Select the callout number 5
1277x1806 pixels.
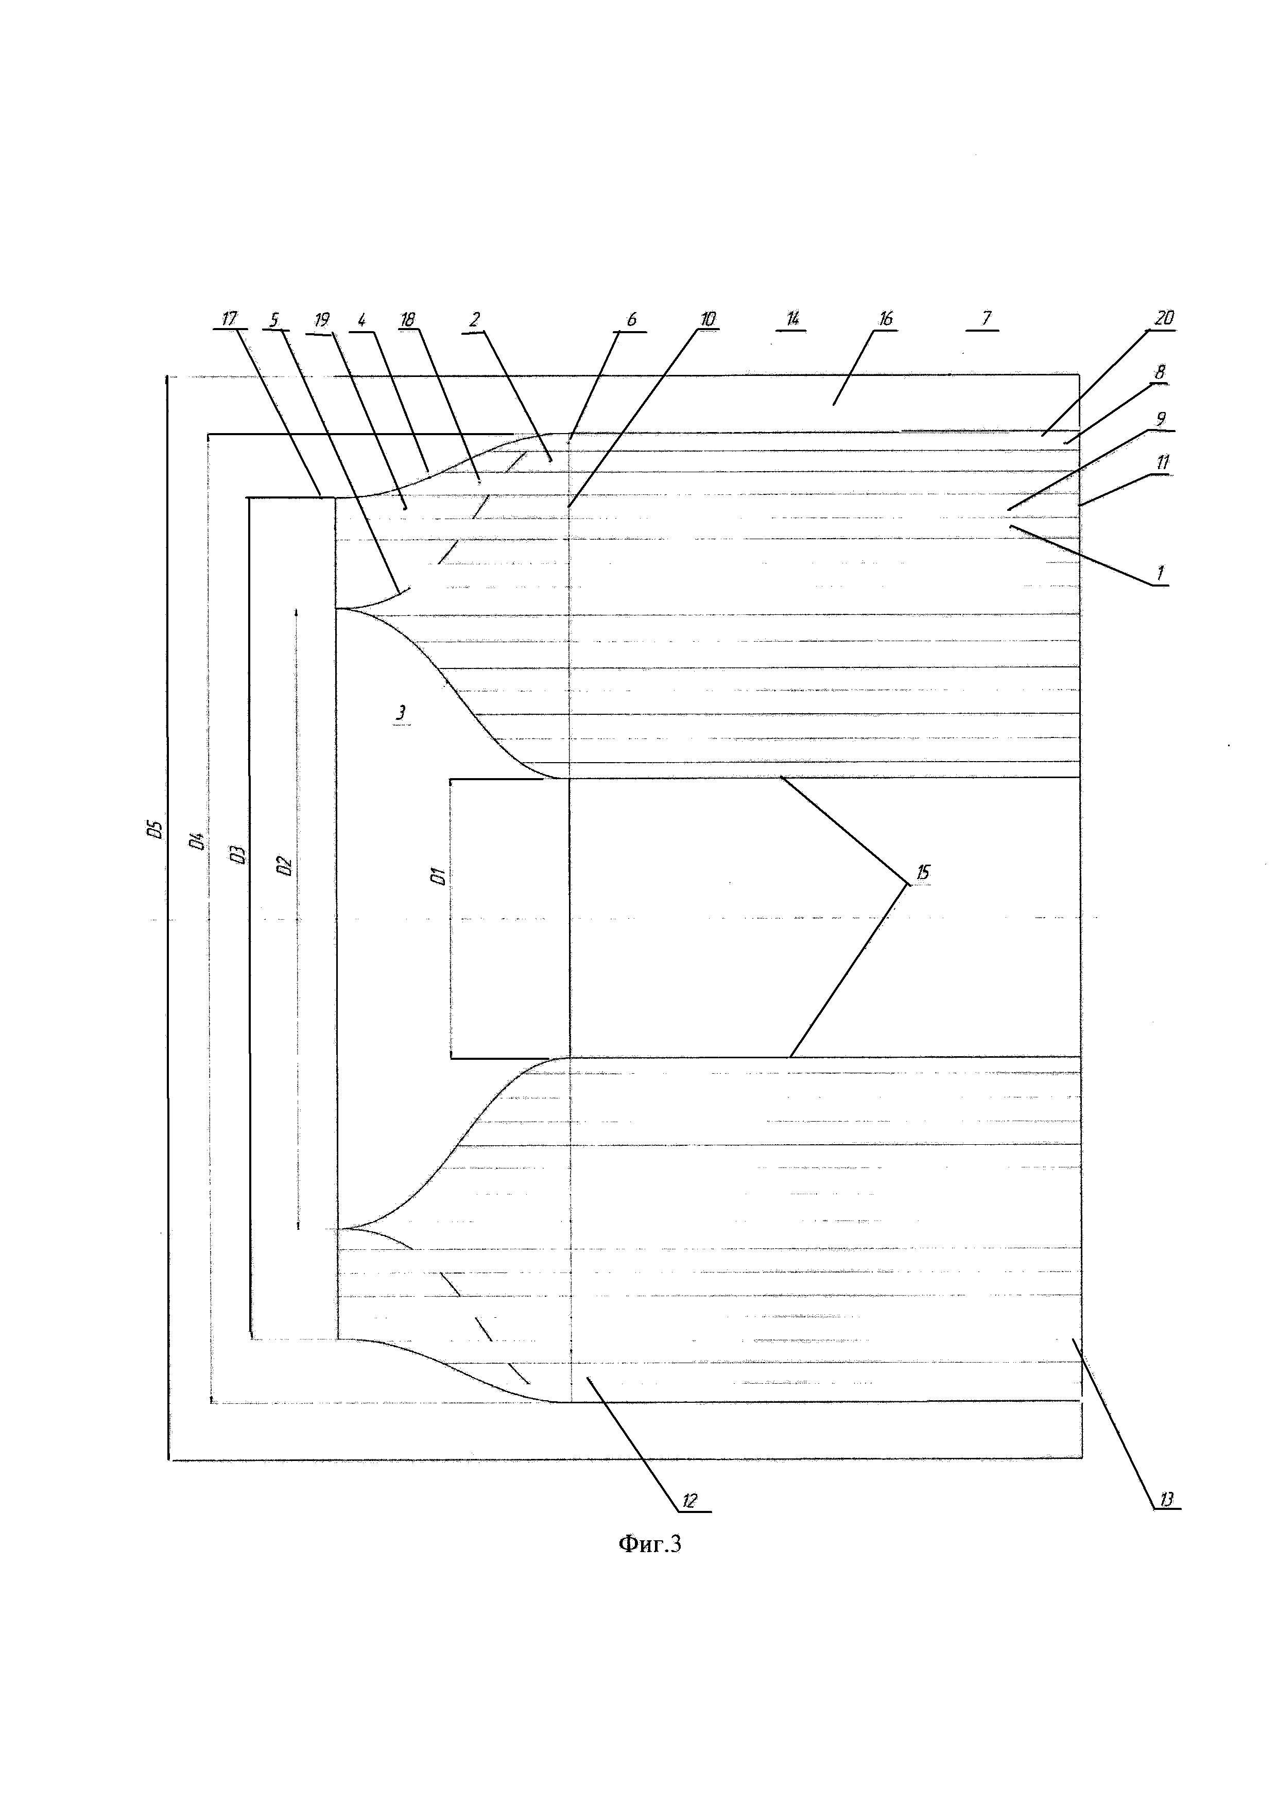[274, 319]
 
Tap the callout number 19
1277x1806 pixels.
[322, 319]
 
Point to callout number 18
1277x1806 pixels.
[407, 319]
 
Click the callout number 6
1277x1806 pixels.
[631, 319]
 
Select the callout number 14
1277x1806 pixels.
[792, 319]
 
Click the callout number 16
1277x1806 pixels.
[886, 319]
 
